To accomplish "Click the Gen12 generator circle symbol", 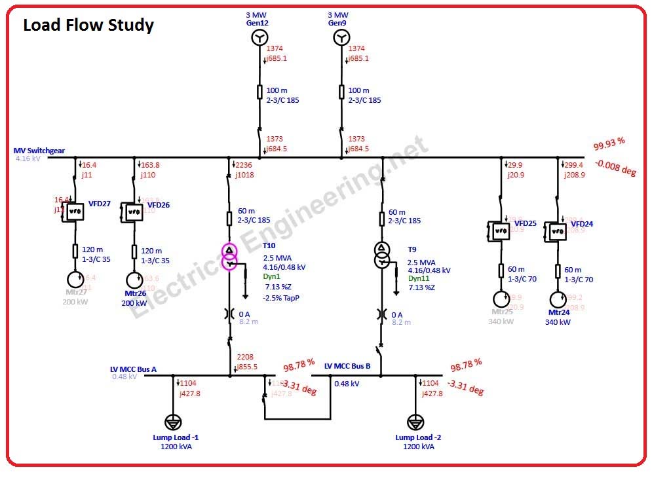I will [259, 39].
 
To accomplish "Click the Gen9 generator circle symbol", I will [341, 39].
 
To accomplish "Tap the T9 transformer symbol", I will [381, 255].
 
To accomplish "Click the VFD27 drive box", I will [75, 211].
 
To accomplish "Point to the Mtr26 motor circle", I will [134, 280].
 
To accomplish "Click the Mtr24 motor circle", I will [558, 299].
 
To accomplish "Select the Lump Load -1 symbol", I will [173, 422].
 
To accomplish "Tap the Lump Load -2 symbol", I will [414, 422].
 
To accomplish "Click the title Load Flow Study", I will [88, 26].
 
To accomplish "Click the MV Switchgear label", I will [39, 151].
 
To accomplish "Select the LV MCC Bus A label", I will [133, 369].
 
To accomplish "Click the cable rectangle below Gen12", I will [259, 92].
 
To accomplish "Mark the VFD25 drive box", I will [501, 230].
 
